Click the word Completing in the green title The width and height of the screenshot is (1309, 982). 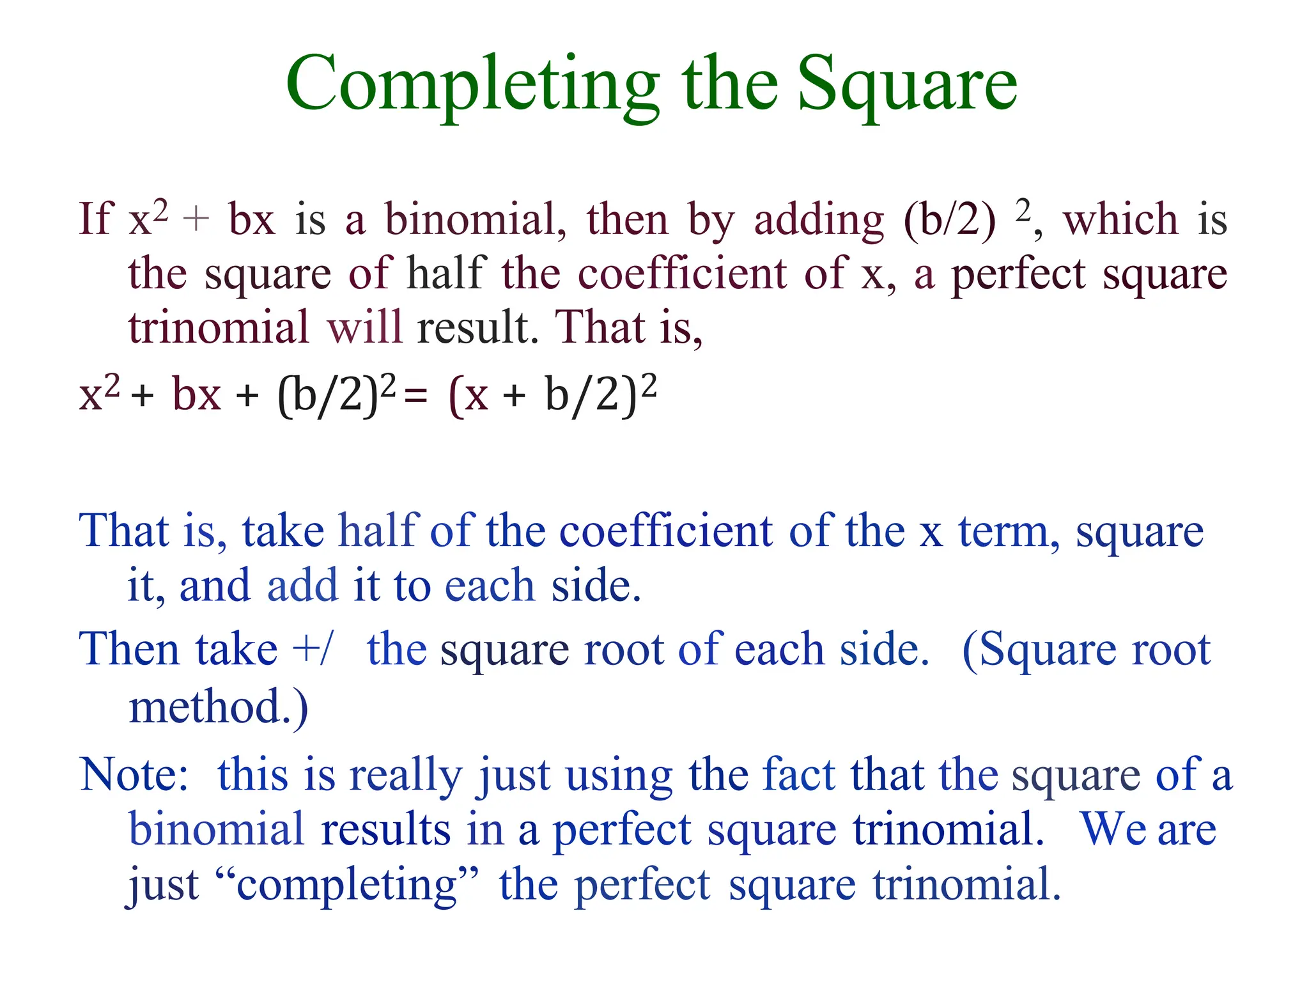pyautogui.click(x=472, y=86)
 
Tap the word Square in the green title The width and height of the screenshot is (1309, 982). pyautogui.click(x=907, y=86)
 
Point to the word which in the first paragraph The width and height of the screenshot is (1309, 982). pyautogui.click(x=1120, y=219)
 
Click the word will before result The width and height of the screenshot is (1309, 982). pyautogui.click(x=364, y=327)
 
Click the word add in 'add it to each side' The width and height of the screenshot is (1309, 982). pyautogui.click(x=302, y=586)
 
